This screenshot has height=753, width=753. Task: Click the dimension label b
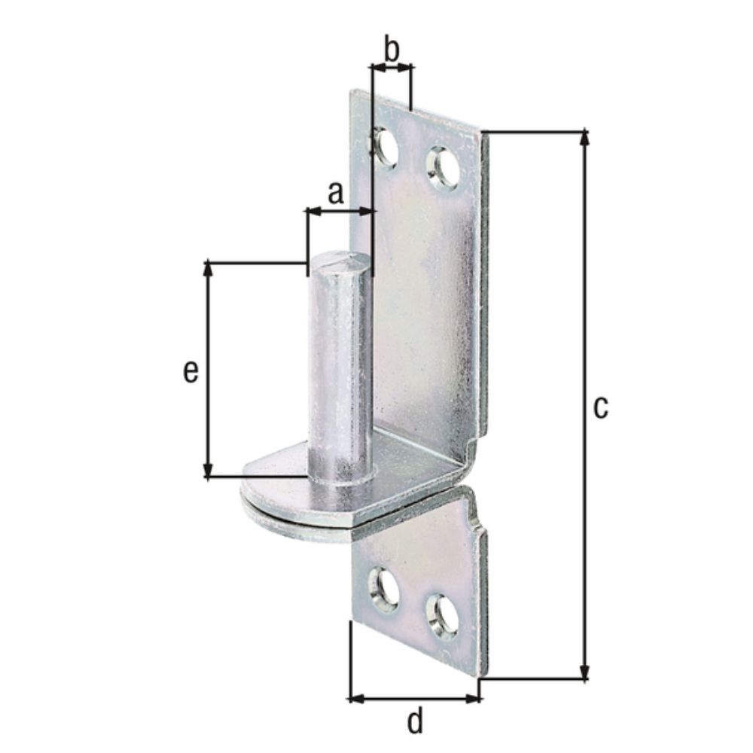click(x=392, y=49)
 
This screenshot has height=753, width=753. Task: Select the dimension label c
click(x=600, y=407)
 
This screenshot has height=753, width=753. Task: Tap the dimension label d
click(x=415, y=721)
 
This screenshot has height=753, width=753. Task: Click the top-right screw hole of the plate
click(x=444, y=167)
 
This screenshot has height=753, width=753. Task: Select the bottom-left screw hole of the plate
click(x=383, y=587)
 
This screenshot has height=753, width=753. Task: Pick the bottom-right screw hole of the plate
click(x=442, y=617)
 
